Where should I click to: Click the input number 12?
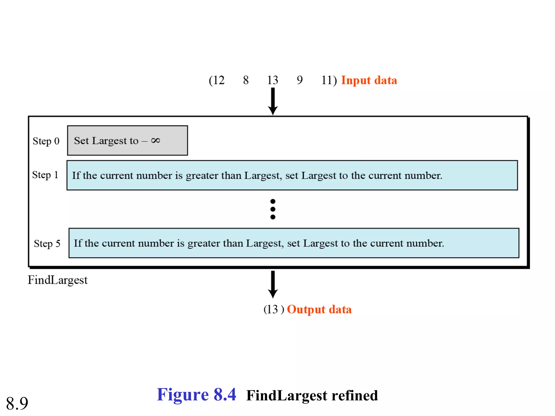point(219,80)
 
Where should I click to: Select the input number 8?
point(246,80)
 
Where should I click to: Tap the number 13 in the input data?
point(273,80)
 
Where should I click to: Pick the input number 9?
point(299,80)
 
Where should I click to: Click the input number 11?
point(327,80)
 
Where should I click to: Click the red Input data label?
point(369,80)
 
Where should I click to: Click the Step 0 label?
point(46,141)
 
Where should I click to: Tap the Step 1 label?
point(45,175)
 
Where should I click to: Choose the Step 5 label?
point(47,243)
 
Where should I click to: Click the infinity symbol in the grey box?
point(156,140)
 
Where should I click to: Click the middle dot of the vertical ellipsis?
point(273,209)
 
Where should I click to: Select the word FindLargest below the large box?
point(58,280)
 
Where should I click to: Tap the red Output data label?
point(319,310)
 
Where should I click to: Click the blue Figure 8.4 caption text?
point(196,395)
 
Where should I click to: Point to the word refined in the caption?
point(355,395)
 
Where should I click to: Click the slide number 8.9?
point(17,403)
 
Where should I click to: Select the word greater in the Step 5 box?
point(203,243)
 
